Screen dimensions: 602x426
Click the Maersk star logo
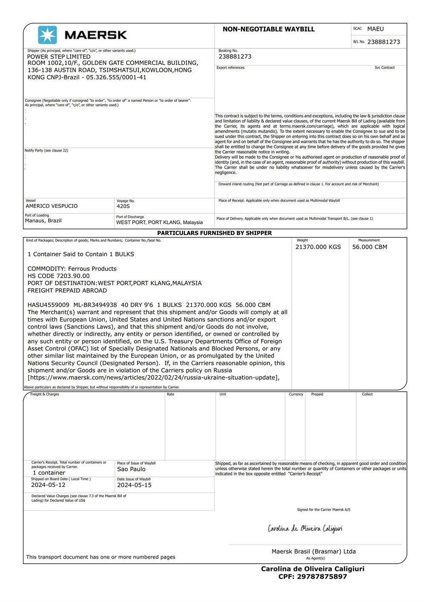[x=47, y=35]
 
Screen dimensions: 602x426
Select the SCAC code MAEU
[x=375, y=29]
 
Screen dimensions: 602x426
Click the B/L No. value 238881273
[x=383, y=42]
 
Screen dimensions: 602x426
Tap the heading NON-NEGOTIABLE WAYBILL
[x=268, y=29]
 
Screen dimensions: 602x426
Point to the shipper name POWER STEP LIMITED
[x=59, y=57]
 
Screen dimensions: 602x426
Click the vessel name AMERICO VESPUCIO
[x=52, y=206]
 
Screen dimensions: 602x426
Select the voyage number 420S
[x=123, y=206]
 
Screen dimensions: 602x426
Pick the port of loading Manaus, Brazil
[x=43, y=221]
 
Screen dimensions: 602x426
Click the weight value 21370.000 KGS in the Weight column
[x=318, y=247]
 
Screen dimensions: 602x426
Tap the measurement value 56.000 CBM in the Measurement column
[x=369, y=247]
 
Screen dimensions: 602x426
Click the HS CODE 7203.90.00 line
[x=58, y=276]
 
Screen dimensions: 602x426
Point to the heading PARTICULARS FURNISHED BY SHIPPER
[x=214, y=233]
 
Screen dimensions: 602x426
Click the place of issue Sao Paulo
[x=131, y=469]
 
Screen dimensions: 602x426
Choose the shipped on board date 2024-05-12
[x=48, y=485]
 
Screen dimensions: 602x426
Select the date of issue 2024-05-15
[x=134, y=485]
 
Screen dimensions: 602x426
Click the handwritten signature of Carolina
[x=305, y=529]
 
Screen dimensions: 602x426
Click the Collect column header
[x=367, y=394]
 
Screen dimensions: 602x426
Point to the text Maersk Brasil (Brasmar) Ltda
[x=314, y=551]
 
